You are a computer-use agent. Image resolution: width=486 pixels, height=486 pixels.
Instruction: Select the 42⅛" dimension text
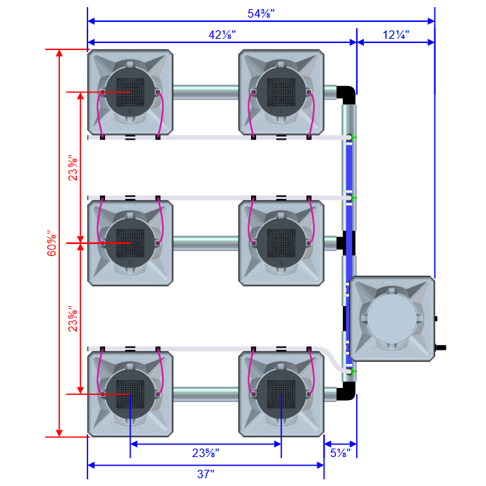(222, 34)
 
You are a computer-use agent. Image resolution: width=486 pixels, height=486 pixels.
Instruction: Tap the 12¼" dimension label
(396, 34)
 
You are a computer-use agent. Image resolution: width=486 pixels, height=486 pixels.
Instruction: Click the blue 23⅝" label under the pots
(205, 452)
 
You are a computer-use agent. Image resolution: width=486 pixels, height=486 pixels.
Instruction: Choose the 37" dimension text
(205, 474)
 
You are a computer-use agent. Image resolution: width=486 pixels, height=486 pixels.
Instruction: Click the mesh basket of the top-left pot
(129, 92)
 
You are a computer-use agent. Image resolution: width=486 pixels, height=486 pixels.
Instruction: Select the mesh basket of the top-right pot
(281, 92)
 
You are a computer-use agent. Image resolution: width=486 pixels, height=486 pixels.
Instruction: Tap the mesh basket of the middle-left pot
(129, 243)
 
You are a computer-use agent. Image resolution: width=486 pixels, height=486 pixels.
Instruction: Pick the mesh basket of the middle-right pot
(281, 243)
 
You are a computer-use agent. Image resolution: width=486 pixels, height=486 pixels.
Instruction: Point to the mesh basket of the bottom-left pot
(129, 394)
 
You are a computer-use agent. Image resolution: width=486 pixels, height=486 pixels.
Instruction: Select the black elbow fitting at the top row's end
(348, 94)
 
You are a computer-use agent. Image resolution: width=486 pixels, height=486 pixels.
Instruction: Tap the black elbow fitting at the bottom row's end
(348, 392)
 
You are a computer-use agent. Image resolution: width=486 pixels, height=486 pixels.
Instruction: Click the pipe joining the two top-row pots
(205, 92)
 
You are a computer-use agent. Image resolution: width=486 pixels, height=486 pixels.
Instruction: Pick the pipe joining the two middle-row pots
(205, 243)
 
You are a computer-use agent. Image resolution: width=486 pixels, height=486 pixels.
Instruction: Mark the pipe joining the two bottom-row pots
(205, 394)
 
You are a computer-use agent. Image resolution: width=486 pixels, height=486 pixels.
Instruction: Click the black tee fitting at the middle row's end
(345, 243)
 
